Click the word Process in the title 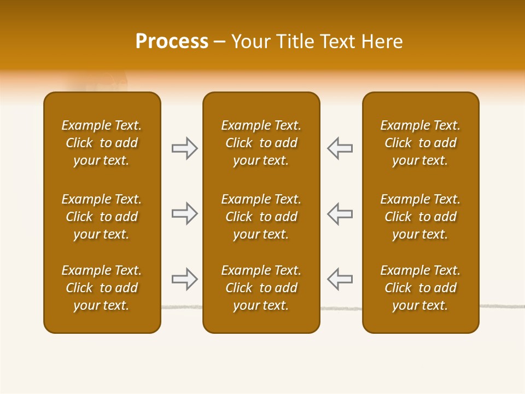click(172, 42)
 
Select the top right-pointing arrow click(185, 148)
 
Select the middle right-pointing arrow click(185, 213)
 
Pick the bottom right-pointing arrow click(185, 279)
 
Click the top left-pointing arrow click(340, 148)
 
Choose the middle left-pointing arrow click(340, 213)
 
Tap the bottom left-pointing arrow click(340, 279)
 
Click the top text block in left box click(102, 143)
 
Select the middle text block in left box click(102, 217)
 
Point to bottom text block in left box click(102, 288)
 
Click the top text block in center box click(261, 143)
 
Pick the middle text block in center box click(261, 217)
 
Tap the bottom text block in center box click(261, 288)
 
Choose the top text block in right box click(421, 143)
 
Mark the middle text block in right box click(421, 217)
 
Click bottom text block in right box click(421, 288)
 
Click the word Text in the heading click(337, 42)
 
